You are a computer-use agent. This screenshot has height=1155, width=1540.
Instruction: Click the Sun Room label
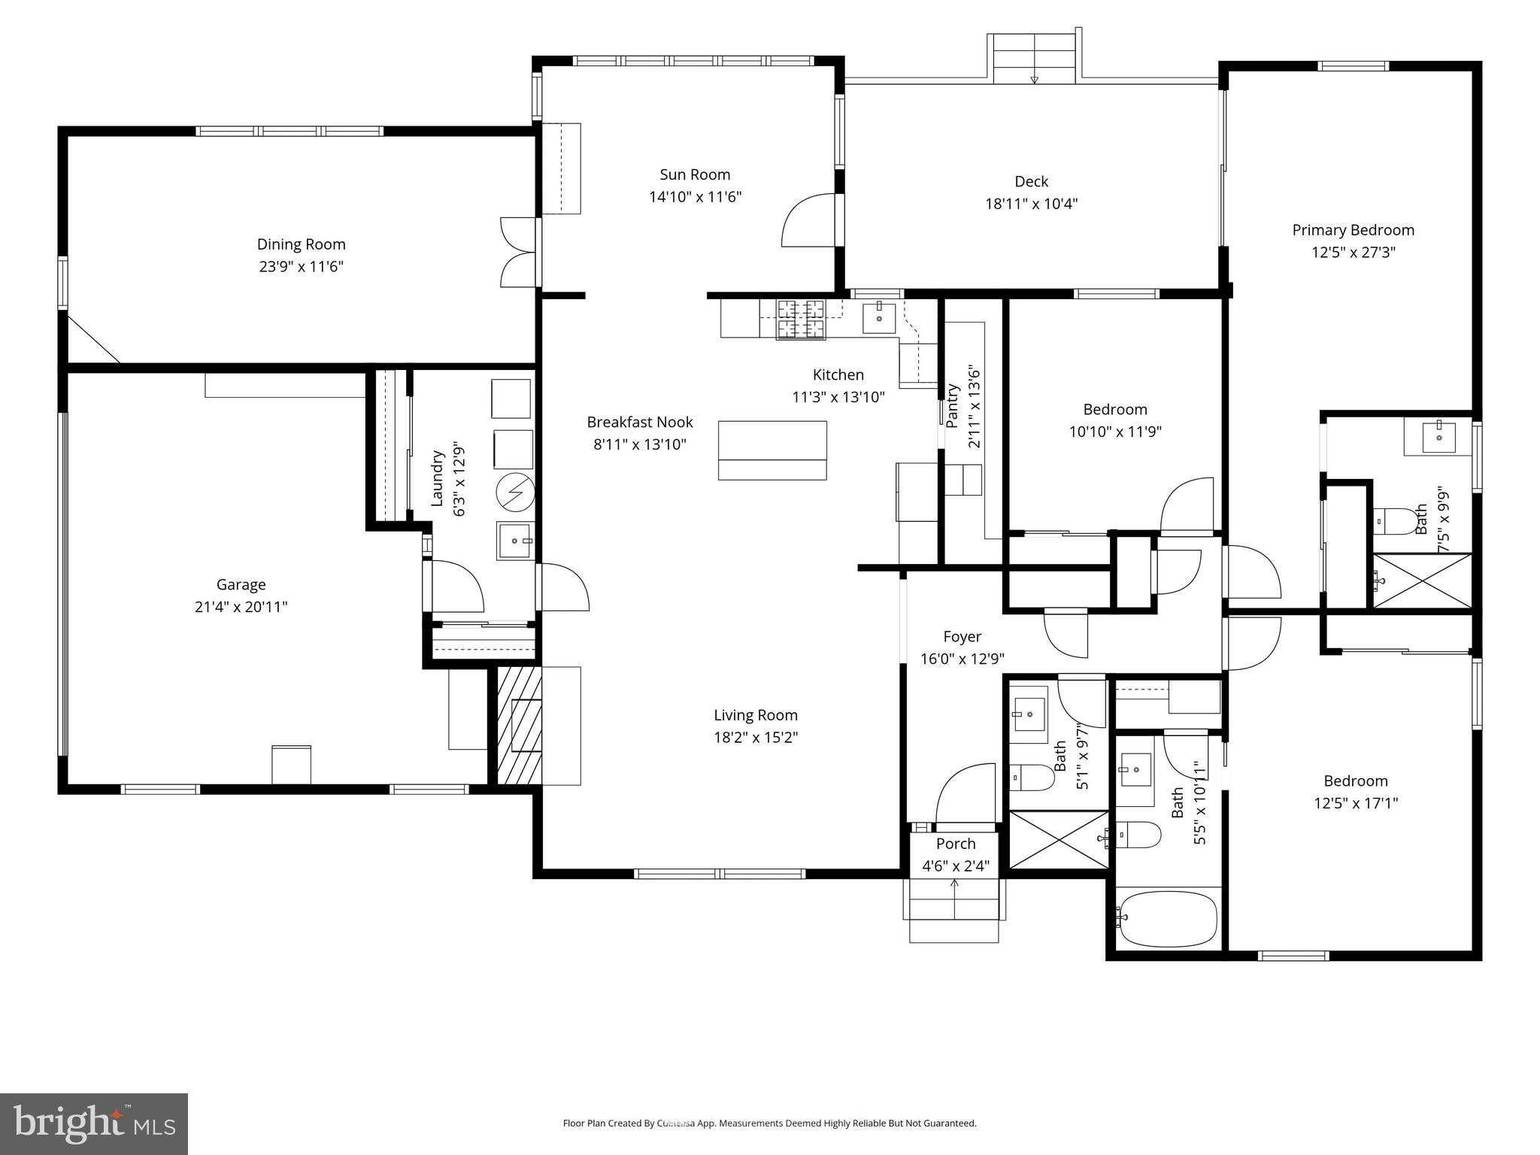695,174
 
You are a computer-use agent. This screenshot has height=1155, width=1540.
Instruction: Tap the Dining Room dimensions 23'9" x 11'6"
301,266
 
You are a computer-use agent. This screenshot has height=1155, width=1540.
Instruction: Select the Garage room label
241,584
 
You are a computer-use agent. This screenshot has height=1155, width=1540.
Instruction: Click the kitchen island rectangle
772,450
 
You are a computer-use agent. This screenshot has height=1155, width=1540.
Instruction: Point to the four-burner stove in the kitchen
800,320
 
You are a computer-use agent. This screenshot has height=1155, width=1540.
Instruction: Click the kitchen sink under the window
879,318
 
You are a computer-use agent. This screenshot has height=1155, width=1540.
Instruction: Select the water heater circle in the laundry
515,493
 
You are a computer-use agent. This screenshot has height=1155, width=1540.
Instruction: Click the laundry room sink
515,541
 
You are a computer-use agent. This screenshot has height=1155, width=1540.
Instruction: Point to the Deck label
1031,181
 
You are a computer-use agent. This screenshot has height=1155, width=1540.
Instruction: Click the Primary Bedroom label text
1353,230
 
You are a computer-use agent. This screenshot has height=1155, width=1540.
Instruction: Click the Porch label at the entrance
956,844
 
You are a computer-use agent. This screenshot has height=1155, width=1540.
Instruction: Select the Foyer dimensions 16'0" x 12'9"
962,659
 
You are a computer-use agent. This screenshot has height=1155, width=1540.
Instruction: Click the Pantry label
953,406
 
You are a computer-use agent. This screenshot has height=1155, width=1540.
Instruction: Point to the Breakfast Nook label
640,422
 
